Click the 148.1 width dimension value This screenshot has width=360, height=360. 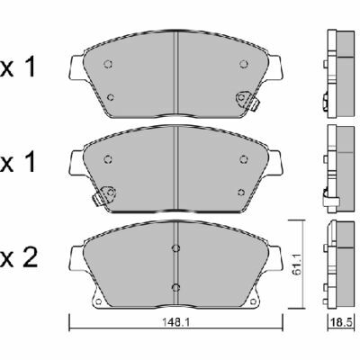176,323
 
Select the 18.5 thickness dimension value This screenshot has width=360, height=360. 341,323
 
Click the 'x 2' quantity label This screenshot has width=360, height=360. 19,258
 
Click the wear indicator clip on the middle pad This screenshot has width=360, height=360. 103,195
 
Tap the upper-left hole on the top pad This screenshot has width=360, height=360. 108,64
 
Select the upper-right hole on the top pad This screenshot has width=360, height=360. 244,64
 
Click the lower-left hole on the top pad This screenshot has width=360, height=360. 111,97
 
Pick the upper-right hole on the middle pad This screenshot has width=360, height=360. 244,159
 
